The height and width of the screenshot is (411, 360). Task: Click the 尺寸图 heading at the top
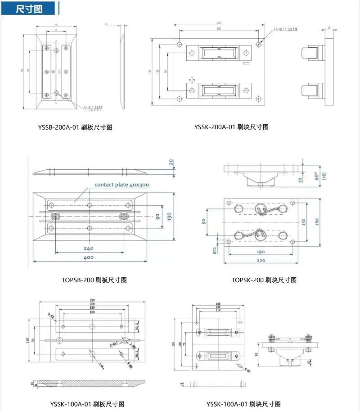tap(29, 9)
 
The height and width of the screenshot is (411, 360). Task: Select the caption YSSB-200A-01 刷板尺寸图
tap(75, 127)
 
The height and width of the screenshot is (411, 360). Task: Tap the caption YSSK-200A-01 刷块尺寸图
tap(231, 127)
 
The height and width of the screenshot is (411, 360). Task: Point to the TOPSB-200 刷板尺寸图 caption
tap(94, 280)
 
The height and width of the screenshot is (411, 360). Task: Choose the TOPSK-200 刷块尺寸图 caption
tap(264, 280)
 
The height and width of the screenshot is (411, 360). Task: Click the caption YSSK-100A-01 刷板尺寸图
tap(87, 404)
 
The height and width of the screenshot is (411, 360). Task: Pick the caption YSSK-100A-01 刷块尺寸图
tap(243, 404)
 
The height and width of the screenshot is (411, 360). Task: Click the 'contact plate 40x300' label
tap(121, 185)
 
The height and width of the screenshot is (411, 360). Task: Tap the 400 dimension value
tap(88, 257)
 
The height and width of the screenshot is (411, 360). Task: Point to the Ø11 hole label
tap(215, 251)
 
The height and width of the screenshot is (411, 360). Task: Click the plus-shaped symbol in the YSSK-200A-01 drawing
tap(192, 81)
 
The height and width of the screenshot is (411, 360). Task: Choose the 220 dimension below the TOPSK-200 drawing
tap(261, 260)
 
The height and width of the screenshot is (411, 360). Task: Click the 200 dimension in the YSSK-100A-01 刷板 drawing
tap(92, 304)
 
